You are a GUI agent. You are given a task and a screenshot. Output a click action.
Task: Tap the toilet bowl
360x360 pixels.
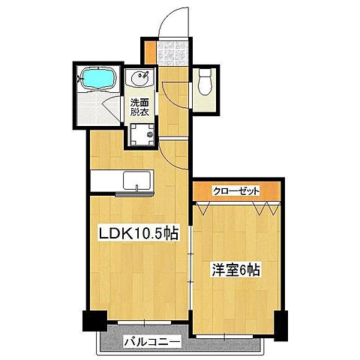pos(205,84)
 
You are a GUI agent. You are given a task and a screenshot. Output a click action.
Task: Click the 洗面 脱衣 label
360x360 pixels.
pos(140,106)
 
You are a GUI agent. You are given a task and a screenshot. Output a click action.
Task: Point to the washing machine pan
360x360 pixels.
pos(142,136)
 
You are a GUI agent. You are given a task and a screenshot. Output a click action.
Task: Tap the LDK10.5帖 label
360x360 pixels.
pos(139,233)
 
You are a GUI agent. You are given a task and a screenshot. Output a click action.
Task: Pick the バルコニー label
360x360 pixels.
pos(151,343)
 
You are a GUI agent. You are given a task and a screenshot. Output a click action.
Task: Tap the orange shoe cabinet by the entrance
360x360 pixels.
pos(150,53)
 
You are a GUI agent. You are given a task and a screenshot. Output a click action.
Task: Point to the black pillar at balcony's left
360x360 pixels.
pos(90,323)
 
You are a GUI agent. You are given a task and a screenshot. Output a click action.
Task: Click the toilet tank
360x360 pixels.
pos(205,73)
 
